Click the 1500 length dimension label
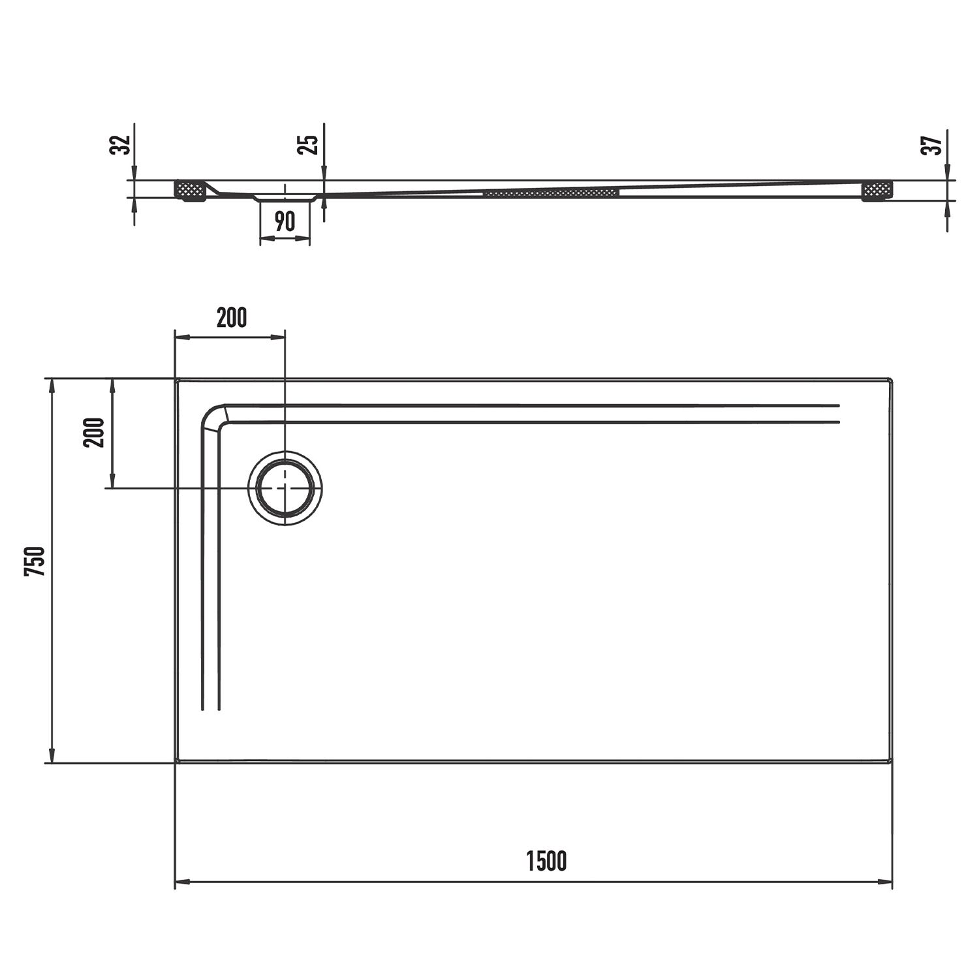coord(546,862)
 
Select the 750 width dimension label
coord(35,561)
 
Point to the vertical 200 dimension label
coord(93,432)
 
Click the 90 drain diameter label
coord(285,222)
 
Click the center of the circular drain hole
coord(285,488)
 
